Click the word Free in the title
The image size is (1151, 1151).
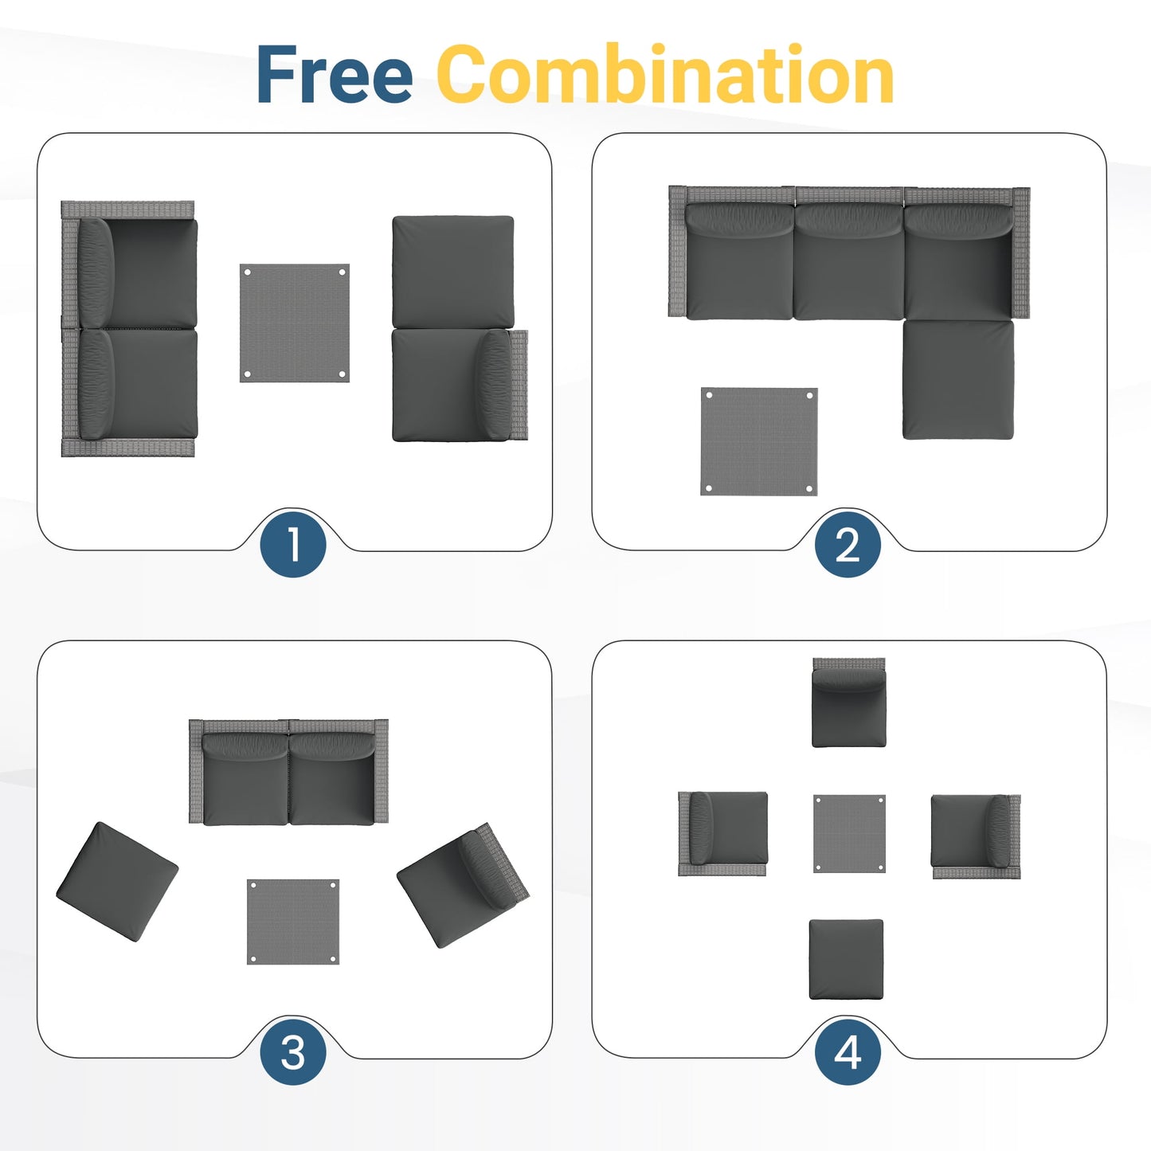pos(334,75)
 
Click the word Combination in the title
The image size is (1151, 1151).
pos(665,75)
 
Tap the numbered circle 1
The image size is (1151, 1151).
pos(293,545)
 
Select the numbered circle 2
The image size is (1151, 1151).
pos(848,545)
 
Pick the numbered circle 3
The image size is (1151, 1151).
pos(293,1052)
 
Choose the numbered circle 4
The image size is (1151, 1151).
pos(848,1052)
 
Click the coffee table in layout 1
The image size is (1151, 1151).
pos(295,323)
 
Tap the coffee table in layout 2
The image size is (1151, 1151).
pos(759,441)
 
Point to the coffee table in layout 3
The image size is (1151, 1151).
pos(293,922)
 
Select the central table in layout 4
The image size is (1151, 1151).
pos(849,833)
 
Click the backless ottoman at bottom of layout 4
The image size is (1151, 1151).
pos(846,959)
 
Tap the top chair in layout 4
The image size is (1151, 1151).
pos(849,703)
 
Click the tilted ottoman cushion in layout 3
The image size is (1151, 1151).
pos(117,881)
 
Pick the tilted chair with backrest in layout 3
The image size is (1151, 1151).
pos(462,884)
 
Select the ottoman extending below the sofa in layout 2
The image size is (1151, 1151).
pos(957,380)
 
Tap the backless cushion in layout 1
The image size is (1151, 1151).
pos(452,271)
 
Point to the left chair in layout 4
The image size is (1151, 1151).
pos(723,832)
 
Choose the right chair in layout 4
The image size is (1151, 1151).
pos(974,835)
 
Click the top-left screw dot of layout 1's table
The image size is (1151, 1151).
pos(248,272)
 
